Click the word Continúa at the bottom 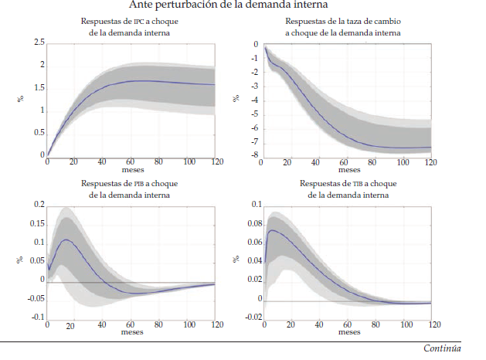point(442,349)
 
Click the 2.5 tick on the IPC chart point(39,42)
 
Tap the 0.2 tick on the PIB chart point(39,205)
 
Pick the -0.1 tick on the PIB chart point(37,318)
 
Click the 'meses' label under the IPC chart point(132,170)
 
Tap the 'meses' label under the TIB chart point(348,332)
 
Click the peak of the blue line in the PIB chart point(67,239)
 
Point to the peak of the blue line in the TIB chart point(271,230)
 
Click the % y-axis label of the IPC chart point(21,98)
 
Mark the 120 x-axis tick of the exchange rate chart point(430,162)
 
